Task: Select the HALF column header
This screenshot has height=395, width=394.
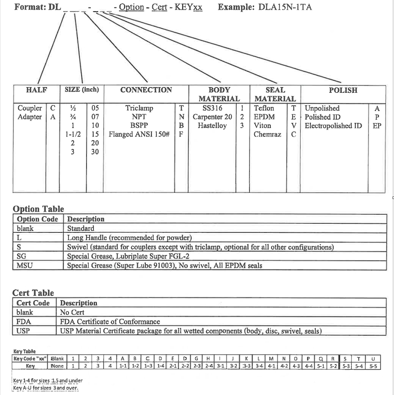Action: point(37,90)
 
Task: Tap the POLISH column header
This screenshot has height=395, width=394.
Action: point(343,90)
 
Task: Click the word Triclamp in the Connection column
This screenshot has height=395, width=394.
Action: point(139,108)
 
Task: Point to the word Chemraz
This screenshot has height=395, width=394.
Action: point(267,135)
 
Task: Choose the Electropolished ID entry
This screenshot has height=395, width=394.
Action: point(333,126)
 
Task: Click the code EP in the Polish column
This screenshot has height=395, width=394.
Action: point(377,126)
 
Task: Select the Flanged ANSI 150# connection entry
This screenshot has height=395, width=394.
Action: point(139,135)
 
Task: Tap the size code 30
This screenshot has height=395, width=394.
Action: point(94,152)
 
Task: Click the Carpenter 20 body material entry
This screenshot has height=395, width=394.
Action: point(212,117)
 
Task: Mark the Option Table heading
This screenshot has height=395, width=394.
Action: point(38,209)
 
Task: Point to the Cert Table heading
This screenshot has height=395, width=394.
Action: point(33,293)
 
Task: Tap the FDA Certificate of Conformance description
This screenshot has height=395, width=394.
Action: point(110,321)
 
